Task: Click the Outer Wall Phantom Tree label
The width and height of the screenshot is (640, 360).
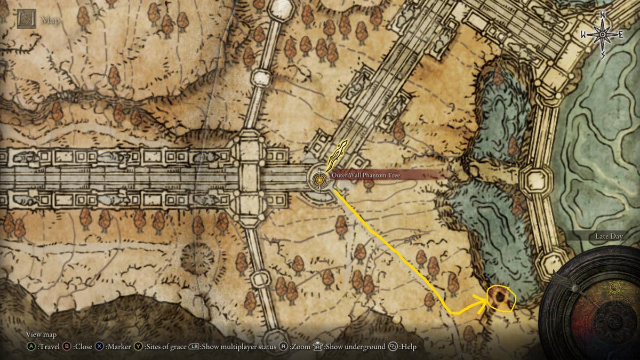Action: [365, 175]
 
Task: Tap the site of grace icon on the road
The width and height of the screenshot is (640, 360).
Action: [319, 179]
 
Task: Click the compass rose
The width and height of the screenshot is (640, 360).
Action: [603, 35]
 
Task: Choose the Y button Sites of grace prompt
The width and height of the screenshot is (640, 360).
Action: [160, 347]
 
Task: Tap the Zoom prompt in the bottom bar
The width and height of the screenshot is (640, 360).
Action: [295, 347]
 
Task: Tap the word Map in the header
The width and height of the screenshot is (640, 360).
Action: [51, 21]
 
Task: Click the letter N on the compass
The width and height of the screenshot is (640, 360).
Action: [602, 14]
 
